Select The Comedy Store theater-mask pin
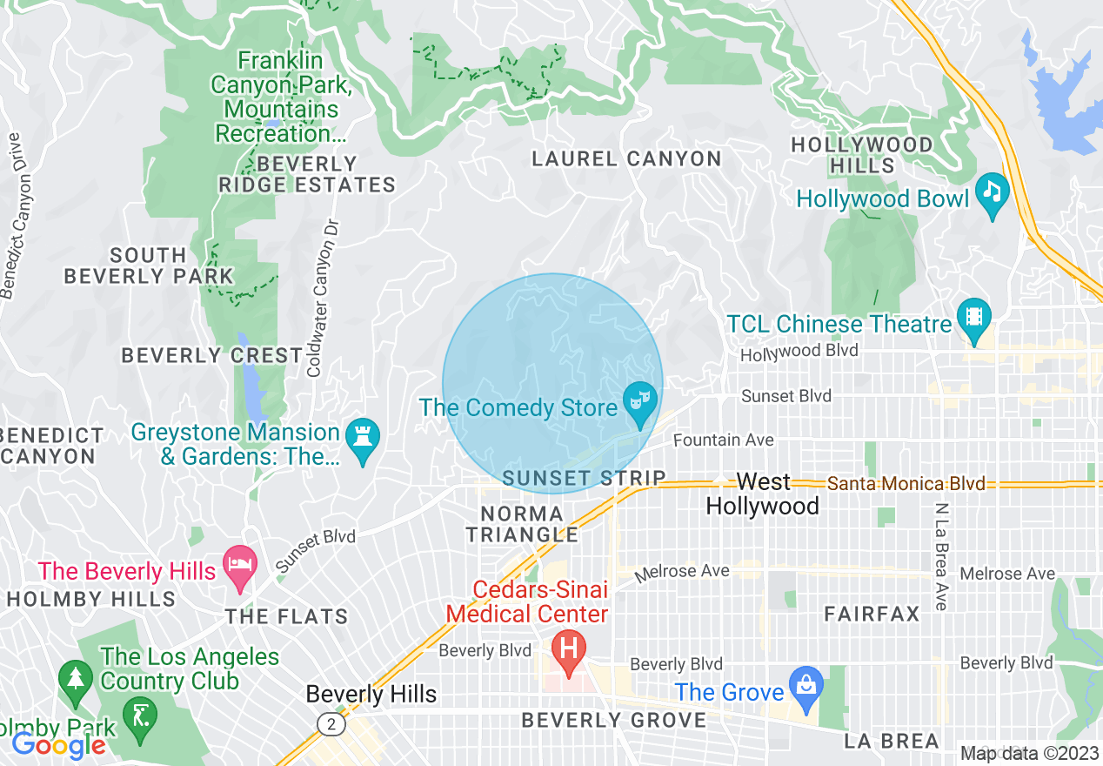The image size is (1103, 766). [640, 405]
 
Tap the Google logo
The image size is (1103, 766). [58, 745]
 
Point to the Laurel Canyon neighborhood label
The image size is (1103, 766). [626, 158]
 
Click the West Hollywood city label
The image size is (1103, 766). [763, 494]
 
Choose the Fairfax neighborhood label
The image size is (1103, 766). [872, 614]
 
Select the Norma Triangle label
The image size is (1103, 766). [522, 524]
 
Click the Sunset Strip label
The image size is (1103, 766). [584, 478]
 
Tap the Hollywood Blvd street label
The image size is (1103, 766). [799, 352]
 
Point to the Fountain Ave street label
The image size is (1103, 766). [723, 440]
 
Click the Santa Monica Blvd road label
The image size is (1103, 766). [906, 483]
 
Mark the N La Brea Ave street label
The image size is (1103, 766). [941, 556]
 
